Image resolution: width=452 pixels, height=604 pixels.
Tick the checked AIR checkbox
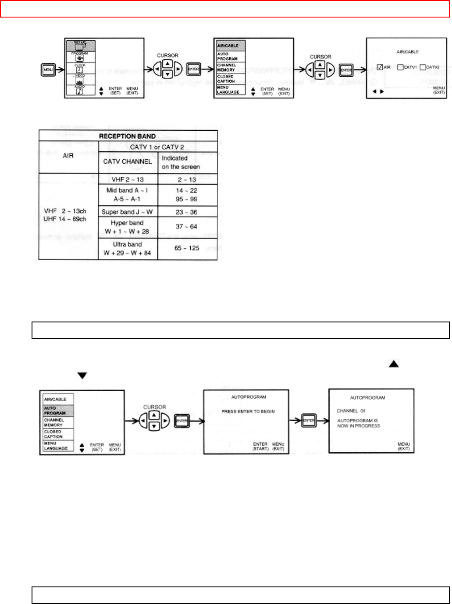[380, 68]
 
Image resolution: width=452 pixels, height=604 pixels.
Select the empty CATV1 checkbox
[400, 68]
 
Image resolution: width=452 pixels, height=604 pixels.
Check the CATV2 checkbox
[423, 68]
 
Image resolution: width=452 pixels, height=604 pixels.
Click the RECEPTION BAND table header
[128, 136]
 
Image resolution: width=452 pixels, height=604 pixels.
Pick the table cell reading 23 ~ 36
[187, 212]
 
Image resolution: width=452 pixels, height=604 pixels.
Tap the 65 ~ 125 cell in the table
[187, 248]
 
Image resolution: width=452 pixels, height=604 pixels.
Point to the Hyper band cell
[128, 227]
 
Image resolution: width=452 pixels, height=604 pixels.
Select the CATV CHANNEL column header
[128, 161]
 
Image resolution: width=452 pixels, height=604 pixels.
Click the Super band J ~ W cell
[128, 212]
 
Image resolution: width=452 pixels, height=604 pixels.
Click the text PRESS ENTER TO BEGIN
[248, 411]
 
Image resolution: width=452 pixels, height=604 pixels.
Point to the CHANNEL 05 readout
[351, 411]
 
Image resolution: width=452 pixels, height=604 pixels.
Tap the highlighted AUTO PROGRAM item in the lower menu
[56, 411]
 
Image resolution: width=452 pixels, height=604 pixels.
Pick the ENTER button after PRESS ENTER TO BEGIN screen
[309, 420]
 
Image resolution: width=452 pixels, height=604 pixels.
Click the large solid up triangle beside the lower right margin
[394, 364]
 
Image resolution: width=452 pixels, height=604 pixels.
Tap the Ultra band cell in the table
[128, 248]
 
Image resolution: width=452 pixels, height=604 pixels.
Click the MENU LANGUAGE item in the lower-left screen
[56, 446]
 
